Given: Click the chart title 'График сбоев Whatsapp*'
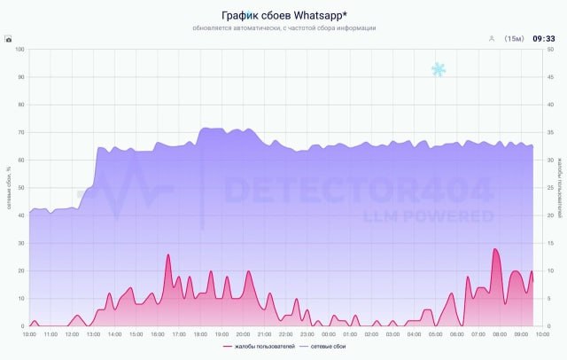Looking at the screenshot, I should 283,14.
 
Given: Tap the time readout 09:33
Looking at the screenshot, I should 544,39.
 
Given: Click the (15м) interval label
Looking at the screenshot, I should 514,39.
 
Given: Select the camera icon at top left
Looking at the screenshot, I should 8,39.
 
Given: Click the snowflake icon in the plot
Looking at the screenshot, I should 438,69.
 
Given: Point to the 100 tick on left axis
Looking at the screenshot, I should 20,49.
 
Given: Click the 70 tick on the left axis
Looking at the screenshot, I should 21,132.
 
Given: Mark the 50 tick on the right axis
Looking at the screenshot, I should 548,49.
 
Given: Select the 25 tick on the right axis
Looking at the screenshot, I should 548,188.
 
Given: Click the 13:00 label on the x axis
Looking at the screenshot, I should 94,334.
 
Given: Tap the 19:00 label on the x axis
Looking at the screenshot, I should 221,334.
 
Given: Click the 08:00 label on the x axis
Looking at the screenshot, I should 500,334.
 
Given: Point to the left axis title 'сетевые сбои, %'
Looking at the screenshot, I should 9,187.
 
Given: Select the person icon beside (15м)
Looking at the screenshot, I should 491,39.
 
